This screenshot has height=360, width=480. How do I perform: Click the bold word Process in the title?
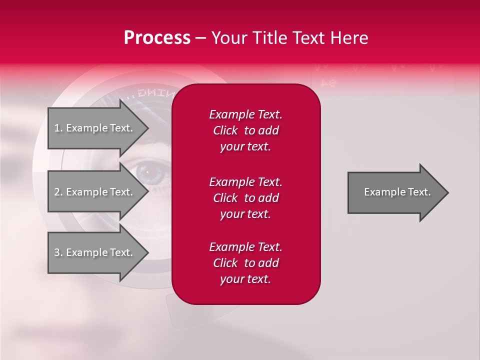coord(157,38)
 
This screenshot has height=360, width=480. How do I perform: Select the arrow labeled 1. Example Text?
coord(95,128)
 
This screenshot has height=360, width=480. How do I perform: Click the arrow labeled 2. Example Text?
coord(95,192)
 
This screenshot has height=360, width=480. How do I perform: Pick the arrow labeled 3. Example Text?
coord(95,252)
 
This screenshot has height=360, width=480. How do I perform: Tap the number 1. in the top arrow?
coord(58,128)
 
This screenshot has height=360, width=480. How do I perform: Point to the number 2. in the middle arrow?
coord(58,192)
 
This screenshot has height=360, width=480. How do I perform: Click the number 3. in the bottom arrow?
coord(58,252)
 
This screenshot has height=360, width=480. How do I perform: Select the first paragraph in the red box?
coord(245,130)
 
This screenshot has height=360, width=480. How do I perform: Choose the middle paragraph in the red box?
coord(245,197)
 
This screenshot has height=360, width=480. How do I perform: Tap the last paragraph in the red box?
coord(245,263)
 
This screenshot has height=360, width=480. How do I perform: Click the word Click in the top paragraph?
coord(225,130)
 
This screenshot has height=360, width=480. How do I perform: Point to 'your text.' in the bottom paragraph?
coord(245,279)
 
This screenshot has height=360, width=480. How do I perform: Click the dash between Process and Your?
coord(201,38)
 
